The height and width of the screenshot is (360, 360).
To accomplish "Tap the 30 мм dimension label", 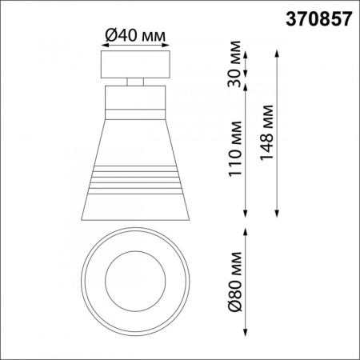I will tap(234, 66).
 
